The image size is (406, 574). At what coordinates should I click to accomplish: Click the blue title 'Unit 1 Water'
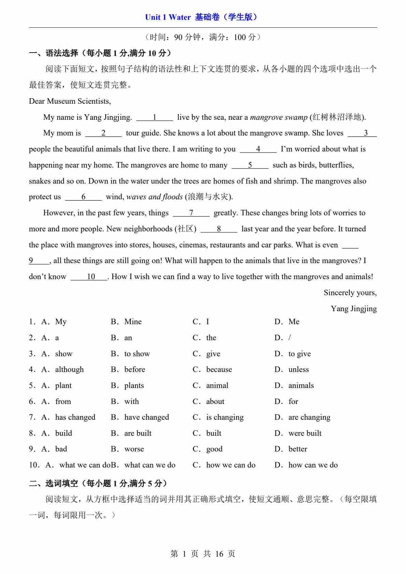[168, 17]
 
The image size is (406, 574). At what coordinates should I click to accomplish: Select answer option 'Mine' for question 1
[133, 322]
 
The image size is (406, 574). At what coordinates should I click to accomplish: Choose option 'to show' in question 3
[137, 354]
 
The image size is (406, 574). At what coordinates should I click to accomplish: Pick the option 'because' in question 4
[219, 370]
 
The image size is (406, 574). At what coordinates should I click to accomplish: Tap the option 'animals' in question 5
[301, 386]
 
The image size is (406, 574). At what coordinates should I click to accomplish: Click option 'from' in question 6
[63, 402]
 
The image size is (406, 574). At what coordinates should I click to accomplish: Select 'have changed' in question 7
[146, 417]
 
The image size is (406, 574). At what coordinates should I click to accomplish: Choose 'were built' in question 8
[305, 433]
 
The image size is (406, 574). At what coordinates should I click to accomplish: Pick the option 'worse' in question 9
[134, 449]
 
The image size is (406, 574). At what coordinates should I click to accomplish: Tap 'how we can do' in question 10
[231, 465]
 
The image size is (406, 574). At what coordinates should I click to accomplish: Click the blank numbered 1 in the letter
[155, 117]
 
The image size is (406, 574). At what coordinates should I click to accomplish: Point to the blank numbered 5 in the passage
[250, 165]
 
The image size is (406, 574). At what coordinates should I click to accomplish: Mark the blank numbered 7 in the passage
[191, 213]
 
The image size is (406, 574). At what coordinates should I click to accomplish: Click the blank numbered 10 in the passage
[89, 277]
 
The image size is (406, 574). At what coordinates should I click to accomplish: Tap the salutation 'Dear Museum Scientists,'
[70, 101]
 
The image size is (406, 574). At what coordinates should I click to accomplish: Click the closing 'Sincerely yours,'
[350, 293]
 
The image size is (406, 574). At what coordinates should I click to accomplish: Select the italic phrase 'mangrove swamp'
[279, 117]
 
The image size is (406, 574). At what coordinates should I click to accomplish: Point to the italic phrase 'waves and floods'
[155, 197]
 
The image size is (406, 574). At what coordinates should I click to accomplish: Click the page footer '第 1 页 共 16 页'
[203, 554]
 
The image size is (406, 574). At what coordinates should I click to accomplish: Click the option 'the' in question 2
[211, 338]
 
